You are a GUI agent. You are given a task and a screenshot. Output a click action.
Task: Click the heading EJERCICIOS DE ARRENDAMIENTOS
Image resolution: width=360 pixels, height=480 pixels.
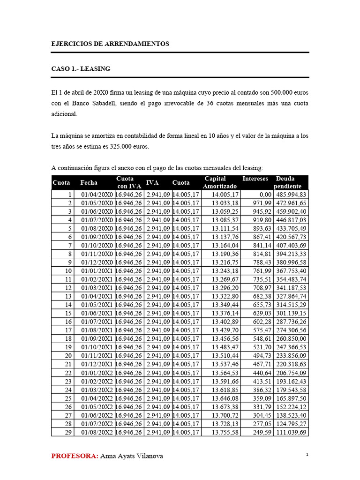pyautogui.click(x=110, y=44)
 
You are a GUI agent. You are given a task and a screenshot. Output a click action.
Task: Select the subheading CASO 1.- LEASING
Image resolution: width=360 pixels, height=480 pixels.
pyautogui.click(x=81, y=68)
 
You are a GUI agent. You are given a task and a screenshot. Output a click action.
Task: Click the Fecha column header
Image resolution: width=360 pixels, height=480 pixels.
pyautogui.click(x=89, y=182)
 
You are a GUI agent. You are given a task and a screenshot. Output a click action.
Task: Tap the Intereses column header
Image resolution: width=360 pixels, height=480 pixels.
pyautogui.click(x=255, y=179)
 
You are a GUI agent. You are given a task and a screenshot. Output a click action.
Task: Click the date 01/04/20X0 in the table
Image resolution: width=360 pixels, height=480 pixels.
pyautogui.click(x=97, y=195)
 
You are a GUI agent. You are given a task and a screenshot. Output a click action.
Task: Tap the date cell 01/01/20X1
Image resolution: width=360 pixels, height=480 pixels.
pyautogui.click(x=97, y=271)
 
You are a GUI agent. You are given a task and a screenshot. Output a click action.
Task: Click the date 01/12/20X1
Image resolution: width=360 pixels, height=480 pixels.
pyautogui.click(x=97, y=364)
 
